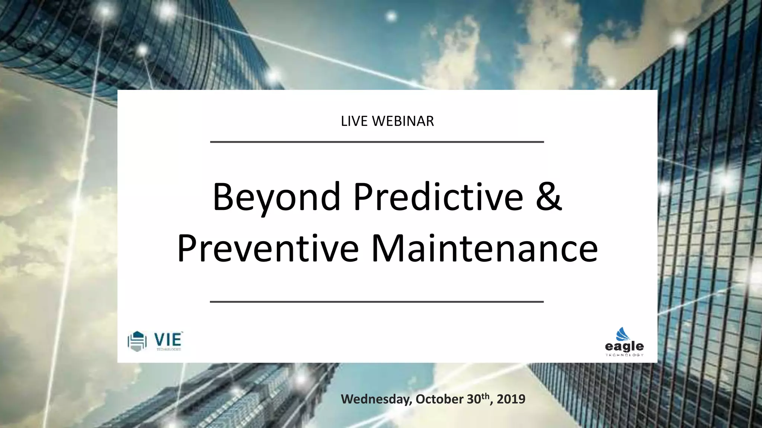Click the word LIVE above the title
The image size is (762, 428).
(355, 121)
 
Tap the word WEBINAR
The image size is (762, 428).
(403, 121)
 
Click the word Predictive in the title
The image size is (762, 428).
(438, 197)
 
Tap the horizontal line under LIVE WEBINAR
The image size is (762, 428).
(377, 142)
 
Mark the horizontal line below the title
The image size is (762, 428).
(377, 302)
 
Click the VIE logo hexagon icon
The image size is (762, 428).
(137, 341)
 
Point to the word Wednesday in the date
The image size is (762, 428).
(376, 399)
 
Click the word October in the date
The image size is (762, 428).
(440, 399)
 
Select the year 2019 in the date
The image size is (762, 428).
(511, 399)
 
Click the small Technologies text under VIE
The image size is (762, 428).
(168, 349)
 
